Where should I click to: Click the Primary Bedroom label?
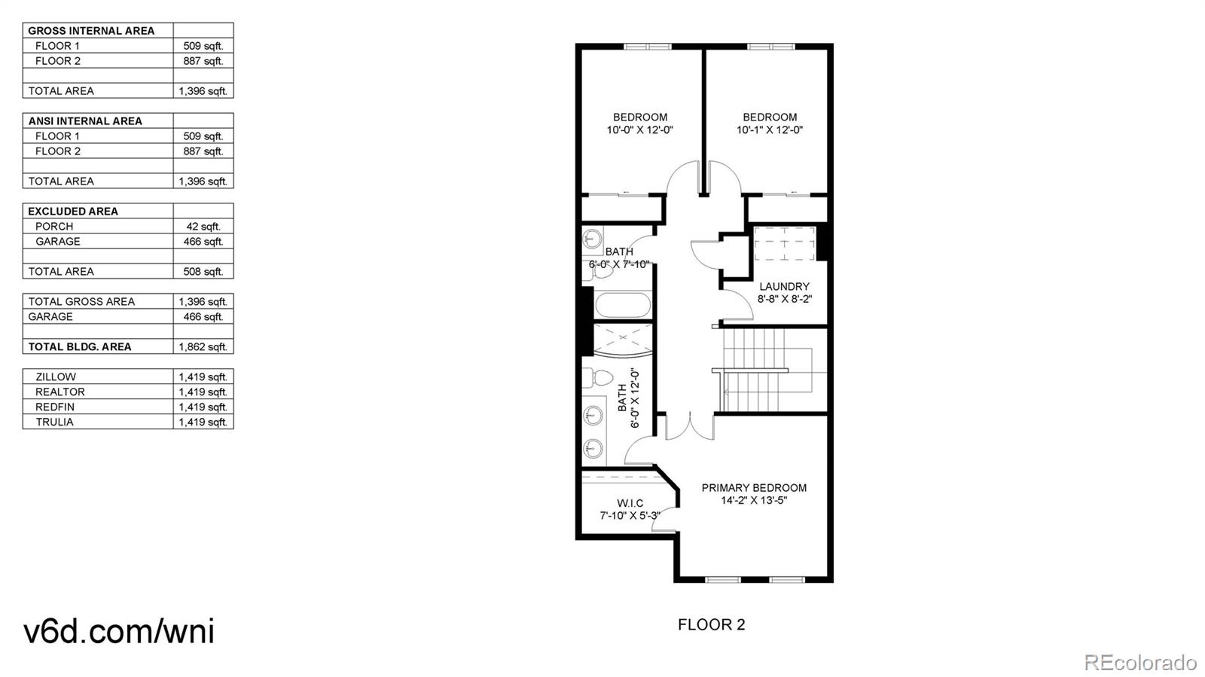pyautogui.click(x=754, y=487)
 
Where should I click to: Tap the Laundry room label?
pyautogui.click(x=784, y=286)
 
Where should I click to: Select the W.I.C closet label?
pyautogui.click(x=630, y=503)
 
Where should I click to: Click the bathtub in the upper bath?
pyautogui.click(x=622, y=306)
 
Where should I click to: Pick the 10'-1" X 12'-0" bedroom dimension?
pyautogui.click(x=770, y=130)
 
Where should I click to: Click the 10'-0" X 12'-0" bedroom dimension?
pyautogui.click(x=639, y=130)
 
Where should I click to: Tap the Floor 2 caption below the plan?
pyautogui.click(x=711, y=624)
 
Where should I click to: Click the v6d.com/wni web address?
pyautogui.click(x=119, y=630)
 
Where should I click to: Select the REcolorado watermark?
pyautogui.click(x=1139, y=662)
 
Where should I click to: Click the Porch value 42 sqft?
pyautogui.click(x=203, y=226)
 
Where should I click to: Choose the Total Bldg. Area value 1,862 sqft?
pyautogui.click(x=203, y=346)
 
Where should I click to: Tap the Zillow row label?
pyautogui.click(x=56, y=377)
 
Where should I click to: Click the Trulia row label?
pyautogui.click(x=54, y=422)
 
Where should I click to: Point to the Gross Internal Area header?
pyautogui.click(x=91, y=30)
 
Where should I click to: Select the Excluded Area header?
pyautogui.click(x=73, y=211)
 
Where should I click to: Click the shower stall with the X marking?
pyautogui.click(x=622, y=340)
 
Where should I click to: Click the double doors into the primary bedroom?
pyautogui.click(x=688, y=425)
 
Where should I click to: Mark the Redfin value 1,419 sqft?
pyautogui.click(x=203, y=407)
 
